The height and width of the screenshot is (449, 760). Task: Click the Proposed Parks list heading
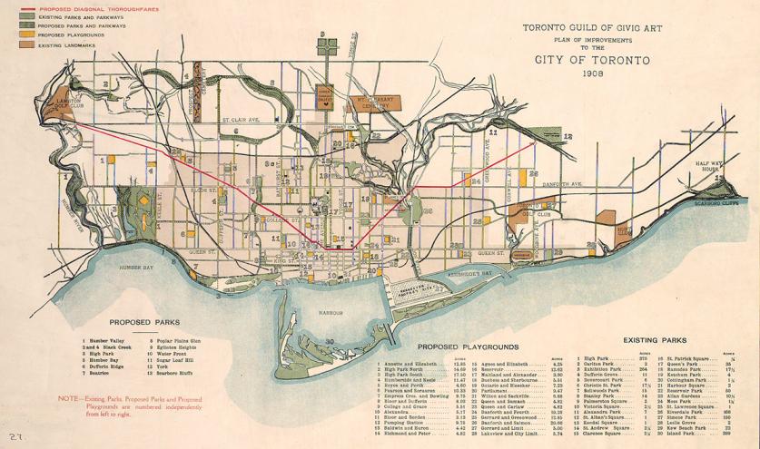(x=143, y=321)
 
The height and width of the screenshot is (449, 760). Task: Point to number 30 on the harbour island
(x=330, y=340)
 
